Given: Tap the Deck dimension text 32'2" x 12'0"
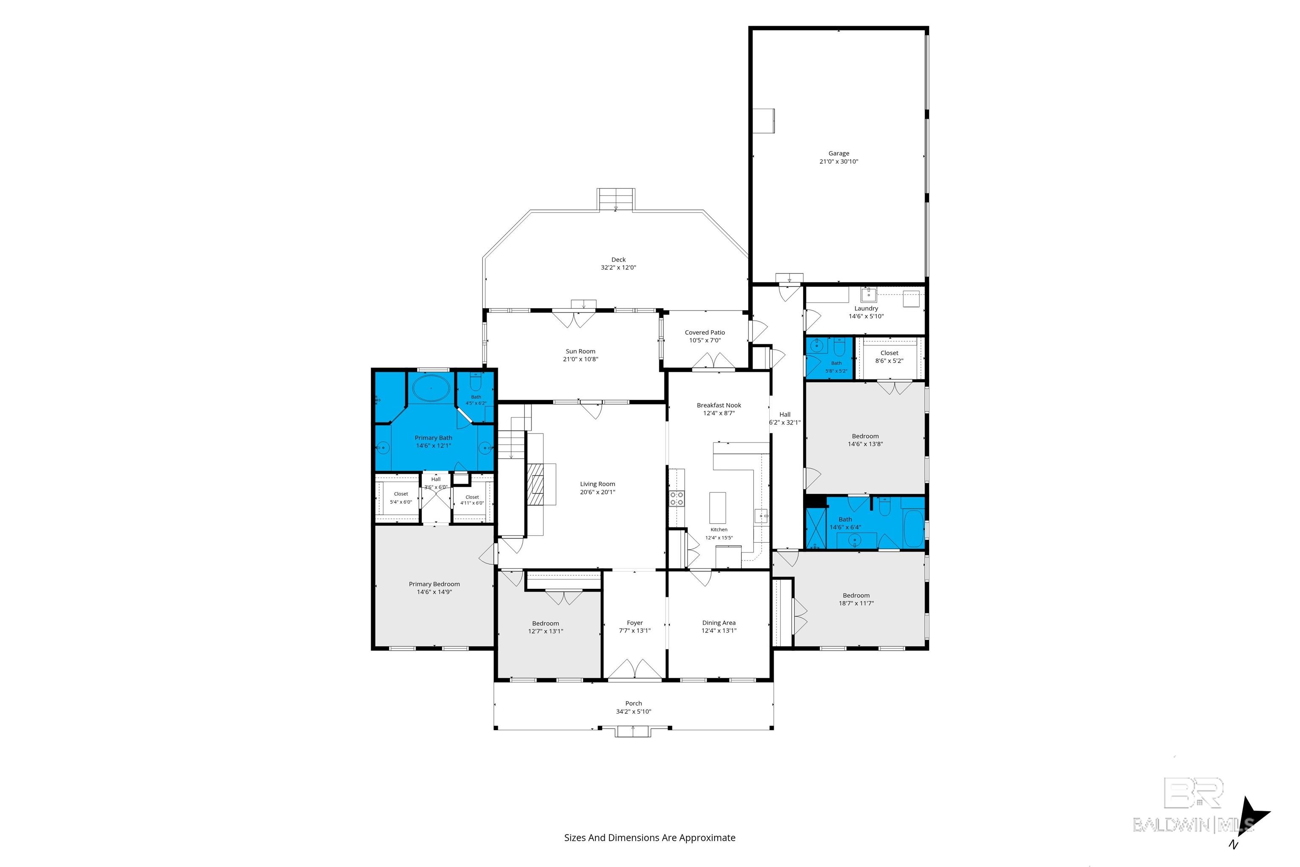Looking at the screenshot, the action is point(619,268).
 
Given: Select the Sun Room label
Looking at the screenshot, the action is point(580,351).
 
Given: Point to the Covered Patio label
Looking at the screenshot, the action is point(705,332).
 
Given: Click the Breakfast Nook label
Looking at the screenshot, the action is point(719,405).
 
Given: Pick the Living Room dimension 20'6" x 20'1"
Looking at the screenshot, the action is point(598,492).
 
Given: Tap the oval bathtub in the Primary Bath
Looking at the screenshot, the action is point(431,389).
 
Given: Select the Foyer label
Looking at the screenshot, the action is point(634,623).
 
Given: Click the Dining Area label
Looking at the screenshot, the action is point(719,623).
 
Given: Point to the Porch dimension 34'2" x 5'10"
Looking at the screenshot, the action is point(633,712).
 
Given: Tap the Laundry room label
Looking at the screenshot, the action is point(866,309).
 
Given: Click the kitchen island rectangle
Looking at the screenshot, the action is point(717,508).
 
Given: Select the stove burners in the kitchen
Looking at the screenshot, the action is point(677,498).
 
